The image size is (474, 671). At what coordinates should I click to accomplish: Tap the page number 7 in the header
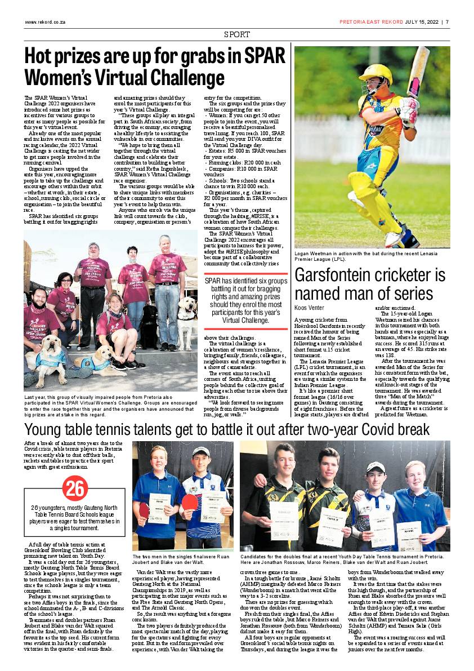point(446,23)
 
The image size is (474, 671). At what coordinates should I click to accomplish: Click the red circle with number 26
point(74,488)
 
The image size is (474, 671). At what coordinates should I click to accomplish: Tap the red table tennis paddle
point(189,502)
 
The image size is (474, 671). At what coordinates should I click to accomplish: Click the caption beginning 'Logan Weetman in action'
point(371,256)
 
